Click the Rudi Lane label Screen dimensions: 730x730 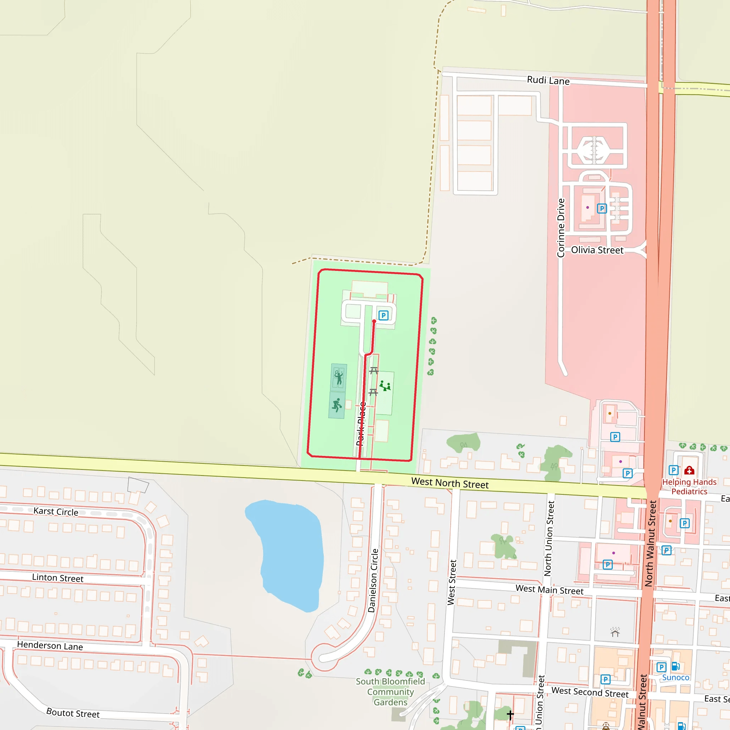click(548, 81)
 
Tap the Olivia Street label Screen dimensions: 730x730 click(597, 250)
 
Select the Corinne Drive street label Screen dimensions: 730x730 click(561, 228)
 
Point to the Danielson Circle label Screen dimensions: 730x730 click(373, 580)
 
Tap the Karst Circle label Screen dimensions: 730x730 click(56, 511)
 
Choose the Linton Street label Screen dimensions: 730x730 click(57, 578)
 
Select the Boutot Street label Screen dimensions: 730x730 click(73, 713)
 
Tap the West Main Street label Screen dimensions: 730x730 click(549, 590)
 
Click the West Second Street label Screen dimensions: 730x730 click(590, 692)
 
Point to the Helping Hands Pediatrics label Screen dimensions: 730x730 click(689, 487)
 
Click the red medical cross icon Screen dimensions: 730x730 click(689, 471)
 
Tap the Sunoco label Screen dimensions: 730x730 click(675, 678)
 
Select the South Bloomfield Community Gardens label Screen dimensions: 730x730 click(390, 692)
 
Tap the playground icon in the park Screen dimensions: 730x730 click(385, 386)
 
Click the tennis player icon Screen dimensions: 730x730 click(339, 377)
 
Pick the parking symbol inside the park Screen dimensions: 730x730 click(383, 315)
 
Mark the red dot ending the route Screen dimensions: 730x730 click(374, 322)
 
